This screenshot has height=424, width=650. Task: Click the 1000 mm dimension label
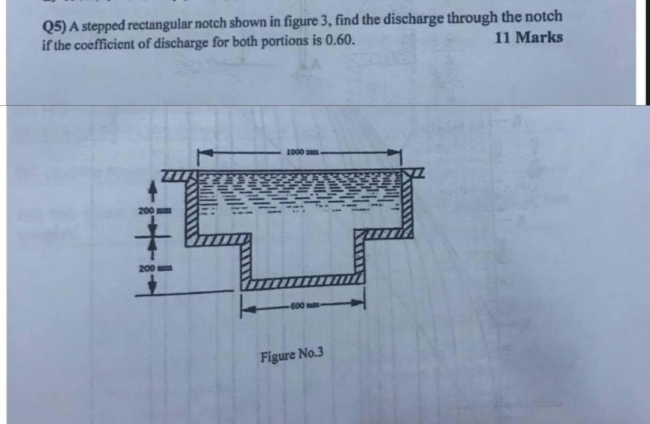299,152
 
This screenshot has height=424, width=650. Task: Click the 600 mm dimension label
302,305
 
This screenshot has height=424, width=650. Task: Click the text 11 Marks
529,38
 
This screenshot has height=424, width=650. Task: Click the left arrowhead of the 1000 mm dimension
202,153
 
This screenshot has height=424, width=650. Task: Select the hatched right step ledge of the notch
384,234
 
